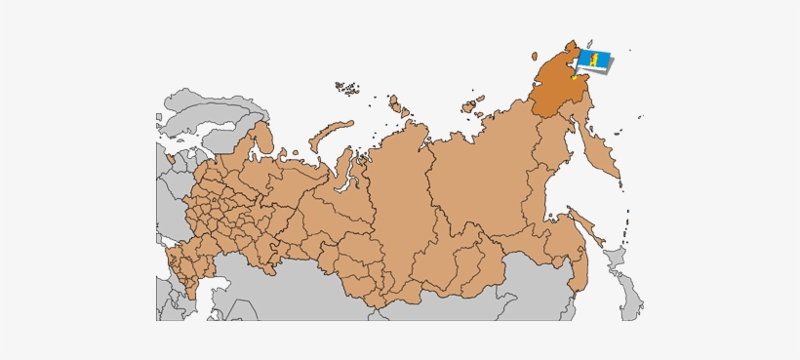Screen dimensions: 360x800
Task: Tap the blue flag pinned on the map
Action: coord(596,61)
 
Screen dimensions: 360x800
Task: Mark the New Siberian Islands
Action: coord(472,105)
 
